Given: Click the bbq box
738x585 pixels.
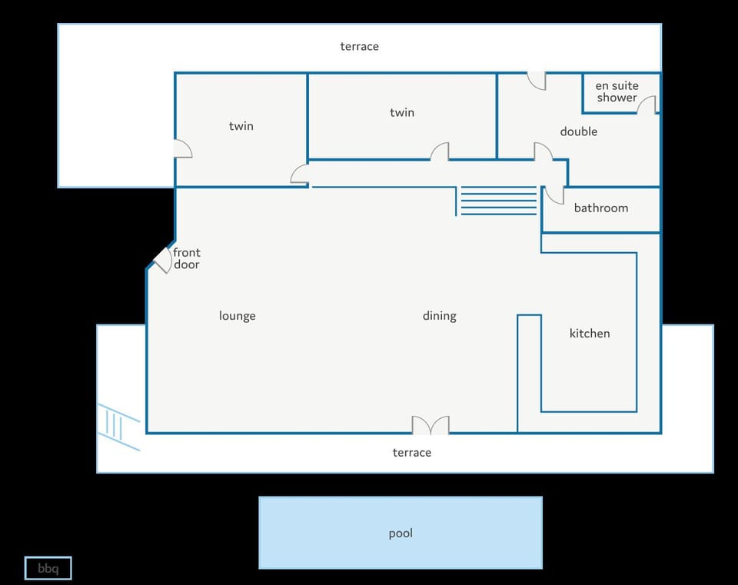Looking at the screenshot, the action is pos(48,568).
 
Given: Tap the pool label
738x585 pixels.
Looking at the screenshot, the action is pos(401,533).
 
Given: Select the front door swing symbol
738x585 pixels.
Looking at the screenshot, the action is pos(163,259).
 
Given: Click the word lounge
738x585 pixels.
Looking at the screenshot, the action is pos(238,316).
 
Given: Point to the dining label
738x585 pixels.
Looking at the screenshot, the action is pos(440,316).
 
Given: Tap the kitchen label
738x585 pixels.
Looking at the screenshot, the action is pos(590,333).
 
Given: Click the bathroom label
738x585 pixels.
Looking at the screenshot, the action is pos(601,208).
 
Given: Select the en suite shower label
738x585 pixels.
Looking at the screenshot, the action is pos(617,91).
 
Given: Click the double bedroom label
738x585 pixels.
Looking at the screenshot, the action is pos(578,131).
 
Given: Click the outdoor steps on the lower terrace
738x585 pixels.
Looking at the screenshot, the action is pos(118,427).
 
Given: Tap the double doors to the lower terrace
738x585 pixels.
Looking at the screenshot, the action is pos(430,425).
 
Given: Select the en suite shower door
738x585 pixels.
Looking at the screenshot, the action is pos(647,105).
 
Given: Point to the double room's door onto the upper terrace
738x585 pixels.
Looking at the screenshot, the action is pos(536,81).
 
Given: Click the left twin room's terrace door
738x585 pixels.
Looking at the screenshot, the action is pos(183,148).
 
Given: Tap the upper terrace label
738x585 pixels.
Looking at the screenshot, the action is pos(359,46).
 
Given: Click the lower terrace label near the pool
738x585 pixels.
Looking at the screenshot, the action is pos(412,452).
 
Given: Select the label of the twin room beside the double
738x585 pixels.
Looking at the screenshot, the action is pos(402,112).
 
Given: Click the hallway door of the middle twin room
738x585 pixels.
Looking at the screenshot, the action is pos(440,151).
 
